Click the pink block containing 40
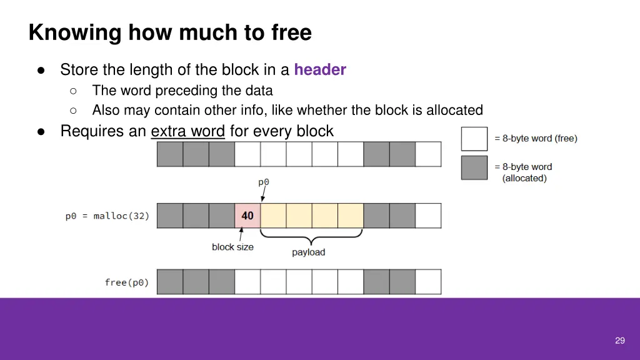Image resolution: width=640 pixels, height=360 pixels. [247, 216]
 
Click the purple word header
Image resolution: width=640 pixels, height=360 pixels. [320, 70]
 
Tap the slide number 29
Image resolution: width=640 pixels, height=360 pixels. [619, 341]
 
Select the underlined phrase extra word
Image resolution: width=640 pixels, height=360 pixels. [187, 131]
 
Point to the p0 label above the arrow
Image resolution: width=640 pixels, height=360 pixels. [264, 182]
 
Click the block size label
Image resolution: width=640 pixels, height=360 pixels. [232, 247]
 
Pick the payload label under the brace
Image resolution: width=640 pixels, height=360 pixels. [309, 252]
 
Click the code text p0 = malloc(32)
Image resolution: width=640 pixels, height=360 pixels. [107, 216]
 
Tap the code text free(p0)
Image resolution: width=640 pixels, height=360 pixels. [126, 282]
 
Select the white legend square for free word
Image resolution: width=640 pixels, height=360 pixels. [474, 139]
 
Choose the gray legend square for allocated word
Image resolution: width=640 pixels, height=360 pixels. [474, 167]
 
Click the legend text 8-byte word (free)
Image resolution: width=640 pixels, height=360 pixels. [536, 138]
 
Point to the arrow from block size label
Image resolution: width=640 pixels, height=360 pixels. [241, 234]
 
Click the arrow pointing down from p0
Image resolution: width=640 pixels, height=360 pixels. [264, 194]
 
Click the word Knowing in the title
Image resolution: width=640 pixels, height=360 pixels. [75, 32]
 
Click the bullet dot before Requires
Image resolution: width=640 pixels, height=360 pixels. [41, 132]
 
